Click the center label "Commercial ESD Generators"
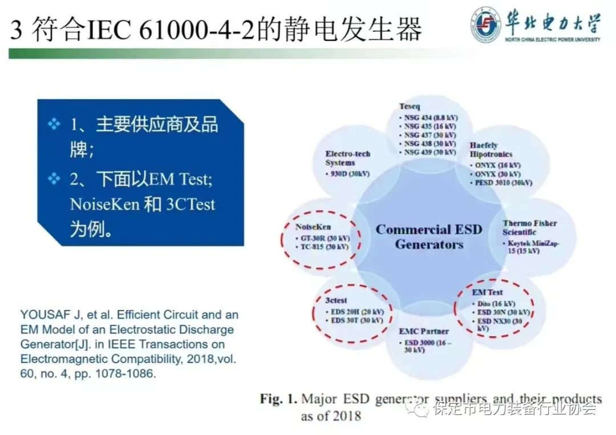[x=429, y=237]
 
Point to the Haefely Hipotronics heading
[x=491, y=150]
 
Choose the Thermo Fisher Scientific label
[x=529, y=227]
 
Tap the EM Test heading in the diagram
[x=487, y=292]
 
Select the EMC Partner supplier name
[x=424, y=331]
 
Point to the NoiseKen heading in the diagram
[x=313, y=227]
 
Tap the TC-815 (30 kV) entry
[x=324, y=247]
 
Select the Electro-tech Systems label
[x=347, y=158]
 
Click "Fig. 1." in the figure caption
[x=278, y=398]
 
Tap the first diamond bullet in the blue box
[x=54, y=124]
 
